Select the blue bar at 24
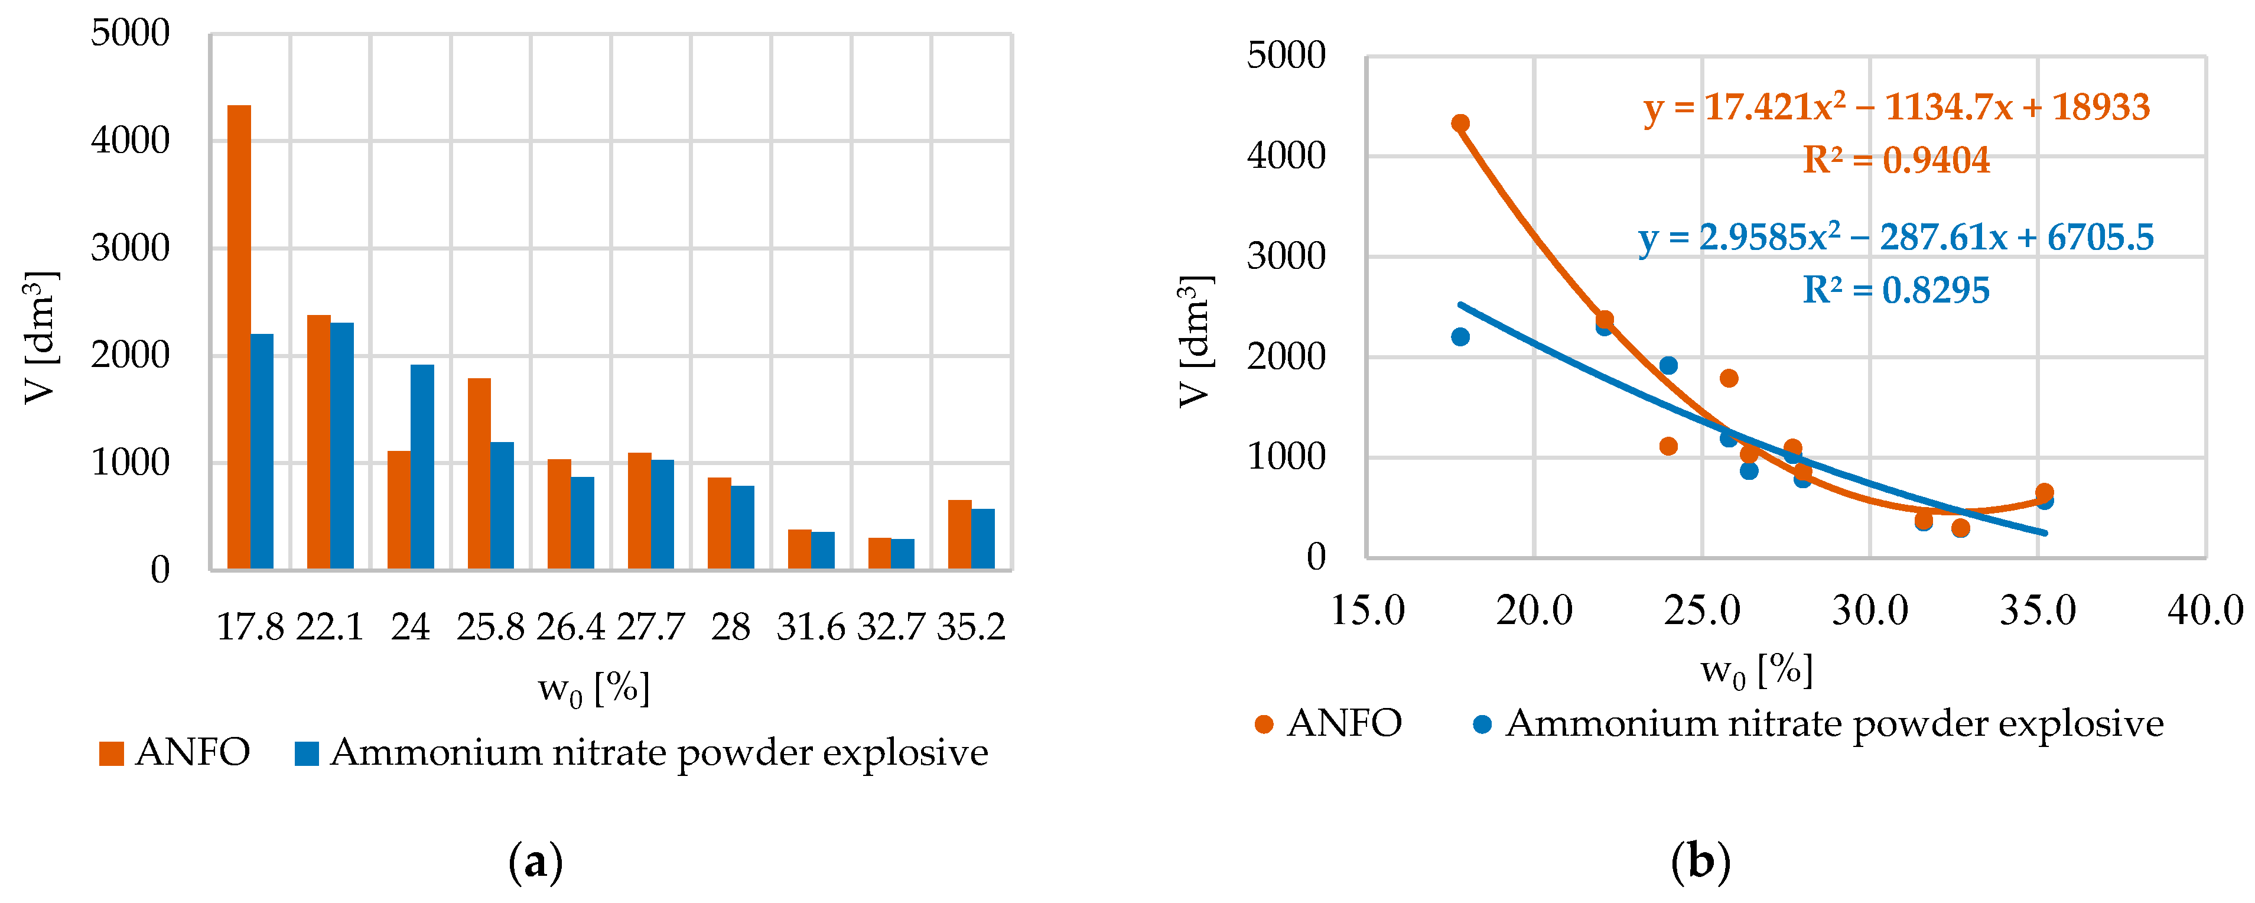point(422,467)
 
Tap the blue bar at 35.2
point(982,538)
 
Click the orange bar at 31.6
point(799,549)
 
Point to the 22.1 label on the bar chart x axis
point(330,627)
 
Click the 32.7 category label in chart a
point(890,627)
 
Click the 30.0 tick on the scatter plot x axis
point(1870,610)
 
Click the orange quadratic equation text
point(1896,108)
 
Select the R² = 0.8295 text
point(1896,291)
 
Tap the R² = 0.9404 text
point(1896,160)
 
